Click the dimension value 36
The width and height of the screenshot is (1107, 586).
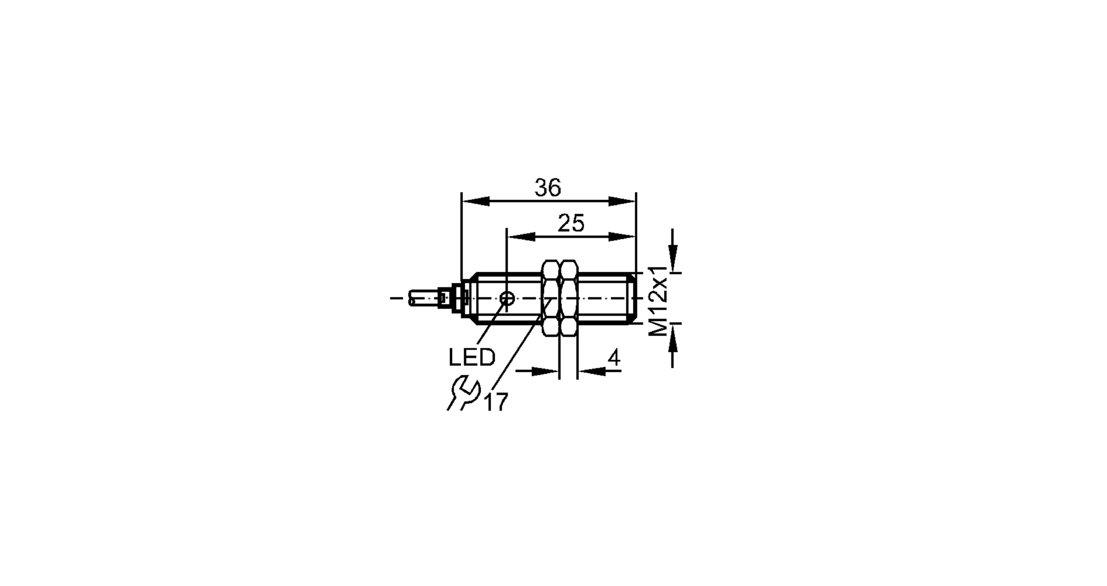click(547, 188)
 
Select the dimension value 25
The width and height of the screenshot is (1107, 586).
click(571, 224)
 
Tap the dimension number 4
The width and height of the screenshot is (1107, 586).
click(614, 358)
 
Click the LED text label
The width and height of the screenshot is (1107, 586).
click(472, 358)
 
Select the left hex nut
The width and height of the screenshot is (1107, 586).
click(551, 298)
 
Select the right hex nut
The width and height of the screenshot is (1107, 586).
click(568, 298)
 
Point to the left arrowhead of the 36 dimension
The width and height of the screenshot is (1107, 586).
click(475, 201)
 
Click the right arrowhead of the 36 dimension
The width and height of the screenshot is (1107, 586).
click(623, 201)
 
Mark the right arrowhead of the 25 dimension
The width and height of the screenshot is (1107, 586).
click(622, 237)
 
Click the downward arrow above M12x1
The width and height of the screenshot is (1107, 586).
click(673, 258)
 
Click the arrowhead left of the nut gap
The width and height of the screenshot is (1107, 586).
click(545, 371)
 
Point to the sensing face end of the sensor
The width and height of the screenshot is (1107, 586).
click(634, 299)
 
